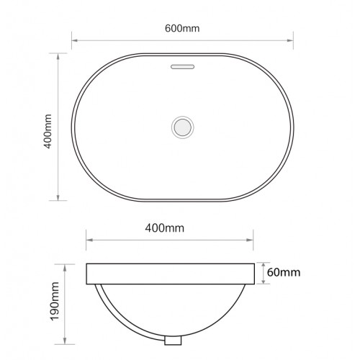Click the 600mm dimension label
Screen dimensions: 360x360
click(182, 28)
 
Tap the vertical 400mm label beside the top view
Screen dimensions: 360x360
click(48, 132)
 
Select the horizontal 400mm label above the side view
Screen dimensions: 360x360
click(165, 228)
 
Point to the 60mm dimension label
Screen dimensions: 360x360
click(284, 272)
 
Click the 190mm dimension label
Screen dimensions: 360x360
click(55, 302)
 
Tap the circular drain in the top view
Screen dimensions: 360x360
click(183, 127)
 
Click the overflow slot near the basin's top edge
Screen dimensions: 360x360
click(182, 67)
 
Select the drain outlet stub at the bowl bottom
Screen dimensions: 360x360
click(173, 341)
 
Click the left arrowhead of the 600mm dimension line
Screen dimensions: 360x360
click(74, 40)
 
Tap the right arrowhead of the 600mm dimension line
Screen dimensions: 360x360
click(290, 40)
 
